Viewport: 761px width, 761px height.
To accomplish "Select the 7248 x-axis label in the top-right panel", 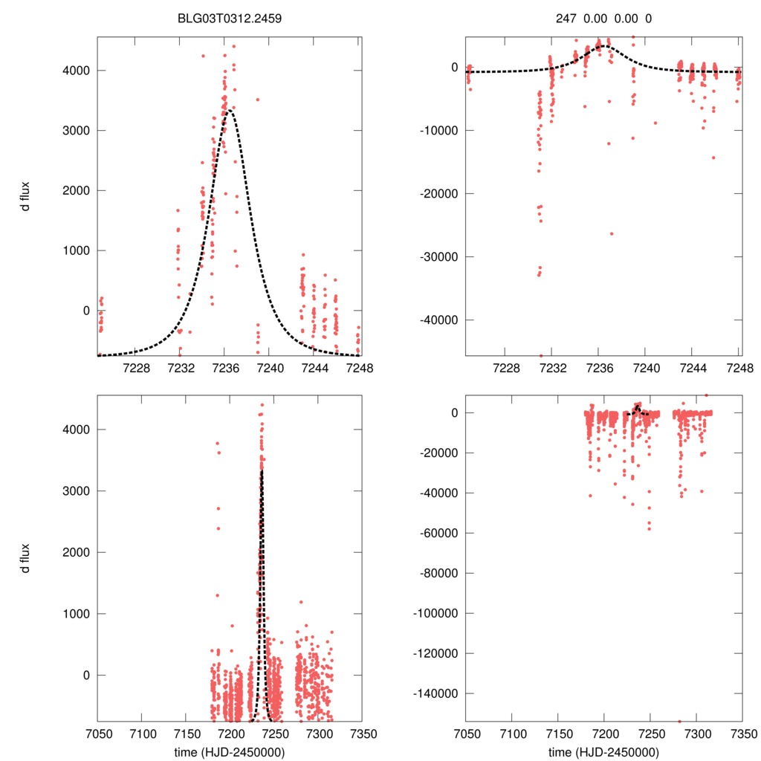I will [x=739, y=369].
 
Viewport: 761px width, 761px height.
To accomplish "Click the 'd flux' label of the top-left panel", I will [x=25, y=196].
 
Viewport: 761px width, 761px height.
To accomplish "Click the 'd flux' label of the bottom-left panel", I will [x=25, y=558].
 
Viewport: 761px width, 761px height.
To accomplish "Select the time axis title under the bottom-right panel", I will [x=603, y=751].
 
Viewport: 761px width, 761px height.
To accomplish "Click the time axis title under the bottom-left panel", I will [x=230, y=751].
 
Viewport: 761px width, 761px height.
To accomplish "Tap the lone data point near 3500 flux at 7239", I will [x=257, y=100].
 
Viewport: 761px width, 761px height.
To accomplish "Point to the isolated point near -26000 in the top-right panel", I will [x=612, y=233].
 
